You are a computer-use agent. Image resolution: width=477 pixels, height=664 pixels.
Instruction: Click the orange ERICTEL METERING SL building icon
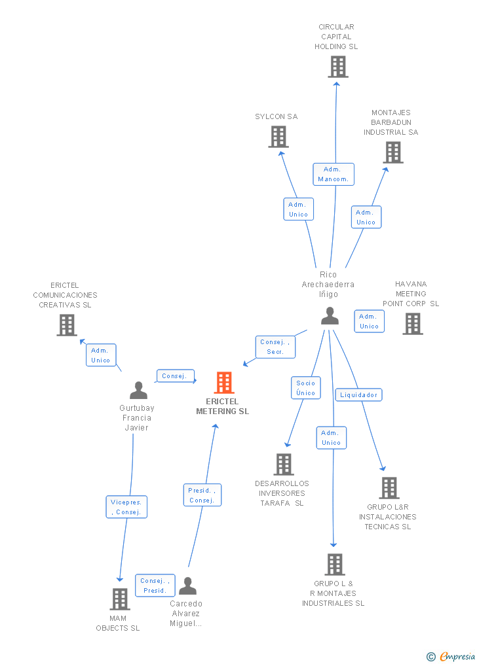tap(224, 383)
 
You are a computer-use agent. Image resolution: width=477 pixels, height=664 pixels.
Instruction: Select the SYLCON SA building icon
tap(278, 137)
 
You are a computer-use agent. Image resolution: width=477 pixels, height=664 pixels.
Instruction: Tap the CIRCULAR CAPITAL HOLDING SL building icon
tap(338, 67)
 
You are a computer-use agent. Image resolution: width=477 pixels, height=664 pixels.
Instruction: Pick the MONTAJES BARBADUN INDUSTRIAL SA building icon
tap(393, 152)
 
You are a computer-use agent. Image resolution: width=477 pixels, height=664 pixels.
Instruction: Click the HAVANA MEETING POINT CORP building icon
tap(413, 324)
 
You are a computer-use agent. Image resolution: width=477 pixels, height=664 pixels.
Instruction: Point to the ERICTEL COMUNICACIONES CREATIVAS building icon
tap(67, 325)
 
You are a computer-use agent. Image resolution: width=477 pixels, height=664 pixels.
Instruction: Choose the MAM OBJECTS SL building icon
tap(119, 599)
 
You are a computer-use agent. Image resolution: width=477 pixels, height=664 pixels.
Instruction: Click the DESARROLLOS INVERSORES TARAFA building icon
tap(284, 464)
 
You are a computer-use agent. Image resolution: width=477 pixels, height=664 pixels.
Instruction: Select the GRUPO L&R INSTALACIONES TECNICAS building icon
tap(389, 488)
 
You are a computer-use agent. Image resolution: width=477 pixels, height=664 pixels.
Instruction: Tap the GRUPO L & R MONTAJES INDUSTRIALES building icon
tap(335, 564)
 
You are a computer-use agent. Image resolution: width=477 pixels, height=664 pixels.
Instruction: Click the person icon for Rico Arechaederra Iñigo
tap(330, 316)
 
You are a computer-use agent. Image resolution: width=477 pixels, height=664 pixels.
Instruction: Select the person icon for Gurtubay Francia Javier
tap(138, 390)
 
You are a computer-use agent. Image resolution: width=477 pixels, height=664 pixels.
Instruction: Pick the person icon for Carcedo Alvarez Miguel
tap(187, 585)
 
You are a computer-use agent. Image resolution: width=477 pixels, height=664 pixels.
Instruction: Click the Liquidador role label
tap(358, 394)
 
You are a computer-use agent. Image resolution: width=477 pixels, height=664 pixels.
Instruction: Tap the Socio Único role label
tap(306, 388)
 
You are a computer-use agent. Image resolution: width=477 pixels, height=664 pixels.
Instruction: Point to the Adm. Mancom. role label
tap(334, 174)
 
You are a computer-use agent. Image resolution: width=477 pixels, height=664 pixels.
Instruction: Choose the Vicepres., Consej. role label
tap(126, 507)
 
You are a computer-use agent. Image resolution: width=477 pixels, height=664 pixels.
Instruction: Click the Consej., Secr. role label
tap(275, 347)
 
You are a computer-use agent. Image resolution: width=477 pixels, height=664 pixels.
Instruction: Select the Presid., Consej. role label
tap(202, 495)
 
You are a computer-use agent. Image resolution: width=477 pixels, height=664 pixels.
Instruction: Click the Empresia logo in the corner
tap(451, 656)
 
